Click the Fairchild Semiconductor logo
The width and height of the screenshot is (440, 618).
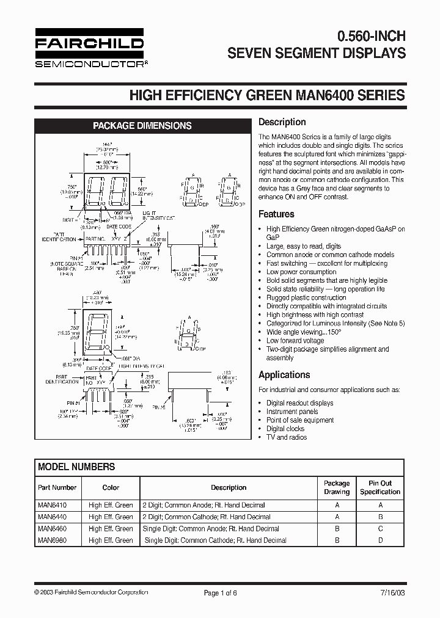(x=89, y=49)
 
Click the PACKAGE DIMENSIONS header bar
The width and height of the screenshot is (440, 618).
(x=142, y=126)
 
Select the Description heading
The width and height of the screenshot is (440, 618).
(x=282, y=122)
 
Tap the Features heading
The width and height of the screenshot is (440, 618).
(x=276, y=214)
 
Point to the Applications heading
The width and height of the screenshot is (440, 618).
(x=284, y=375)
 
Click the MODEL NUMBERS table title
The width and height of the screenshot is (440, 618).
(x=76, y=467)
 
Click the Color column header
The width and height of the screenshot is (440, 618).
(x=111, y=488)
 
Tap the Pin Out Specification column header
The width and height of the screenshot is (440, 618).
(x=380, y=487)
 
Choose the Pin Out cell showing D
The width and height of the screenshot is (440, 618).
(x=380, y=540)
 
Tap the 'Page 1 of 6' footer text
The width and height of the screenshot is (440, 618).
(x=220, y=593)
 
